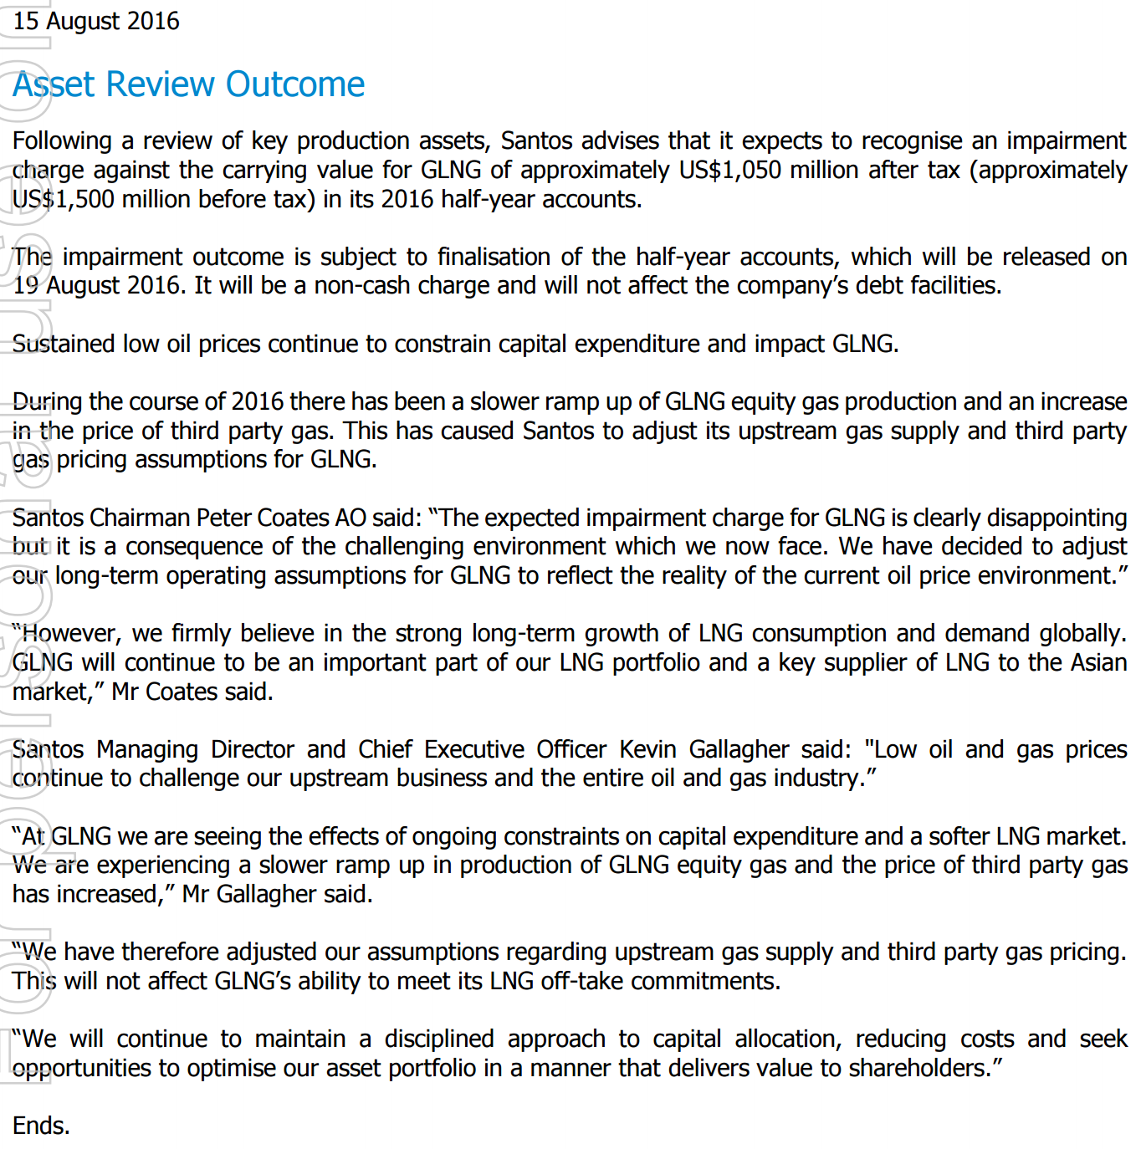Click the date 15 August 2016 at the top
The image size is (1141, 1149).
(96, 21)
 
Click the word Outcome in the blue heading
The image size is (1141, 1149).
(294, 84)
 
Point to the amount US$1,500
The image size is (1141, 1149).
(64, 199)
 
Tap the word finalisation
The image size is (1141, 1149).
(493, 257)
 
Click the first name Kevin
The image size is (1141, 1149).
(647, 749)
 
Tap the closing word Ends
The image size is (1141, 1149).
(40, 1126)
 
